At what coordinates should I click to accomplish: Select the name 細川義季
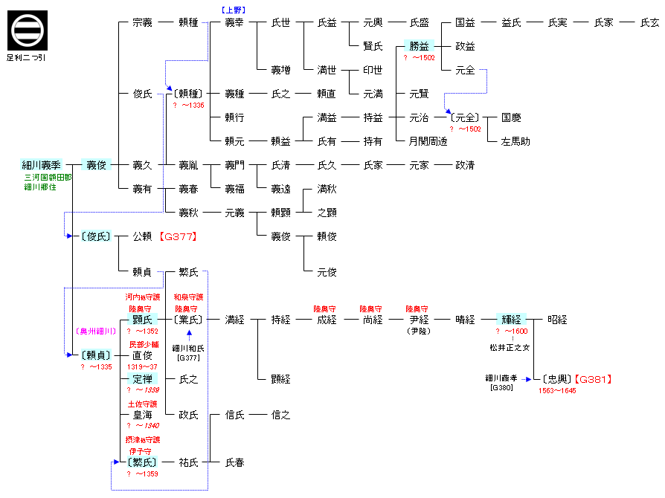click(41, 165)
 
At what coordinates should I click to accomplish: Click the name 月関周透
click(428, 141)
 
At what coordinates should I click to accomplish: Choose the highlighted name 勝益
click(419, 46)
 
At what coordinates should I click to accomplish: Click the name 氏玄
click(649, 22)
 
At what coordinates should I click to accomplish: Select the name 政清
click(465, 165)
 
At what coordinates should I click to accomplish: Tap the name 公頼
click(142, 236)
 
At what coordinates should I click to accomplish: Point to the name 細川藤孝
click(502, 378)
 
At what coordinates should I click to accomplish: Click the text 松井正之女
click(509, 347)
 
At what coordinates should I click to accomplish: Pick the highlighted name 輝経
click(511, 320)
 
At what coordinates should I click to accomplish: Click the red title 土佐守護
click(142, 404)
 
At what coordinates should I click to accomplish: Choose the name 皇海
click(142, 415)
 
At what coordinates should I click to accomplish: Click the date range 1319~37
click(142, 366)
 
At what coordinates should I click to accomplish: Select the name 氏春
click(234, 462)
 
